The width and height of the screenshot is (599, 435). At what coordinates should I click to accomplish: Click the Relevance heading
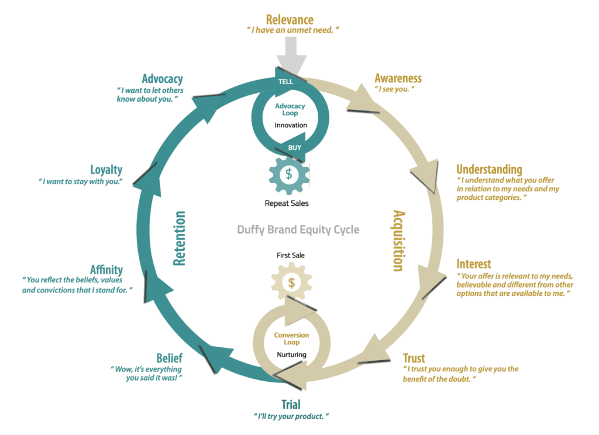(290, 19)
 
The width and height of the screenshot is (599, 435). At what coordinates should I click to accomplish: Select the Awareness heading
(398, 78)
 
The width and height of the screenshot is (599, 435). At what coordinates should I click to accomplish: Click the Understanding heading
(489, 169)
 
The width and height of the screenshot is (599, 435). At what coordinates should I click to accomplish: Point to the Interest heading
(474, 264)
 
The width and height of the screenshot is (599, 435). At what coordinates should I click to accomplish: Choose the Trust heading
(414, 358)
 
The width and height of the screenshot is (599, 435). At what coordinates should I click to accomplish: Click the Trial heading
(291, 405)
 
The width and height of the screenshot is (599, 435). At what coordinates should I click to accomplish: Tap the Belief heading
(169, 358)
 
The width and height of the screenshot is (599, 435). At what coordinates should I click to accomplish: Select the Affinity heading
(106, 270)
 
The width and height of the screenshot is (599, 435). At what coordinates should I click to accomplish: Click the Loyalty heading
(106, 170)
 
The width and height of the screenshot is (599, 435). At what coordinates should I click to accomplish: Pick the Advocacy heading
(163, 79)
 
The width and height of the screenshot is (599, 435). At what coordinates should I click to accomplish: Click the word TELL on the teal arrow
(285, 82)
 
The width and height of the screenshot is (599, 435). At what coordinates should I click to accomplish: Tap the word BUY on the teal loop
(295, 148)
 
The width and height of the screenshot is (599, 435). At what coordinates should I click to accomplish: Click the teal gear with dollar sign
(289, 175)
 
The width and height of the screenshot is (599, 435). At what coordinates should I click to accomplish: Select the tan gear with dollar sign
(291, 282)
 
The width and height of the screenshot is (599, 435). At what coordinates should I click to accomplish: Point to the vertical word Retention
(179, 239)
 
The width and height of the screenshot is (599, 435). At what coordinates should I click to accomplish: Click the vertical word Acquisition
(399, 241)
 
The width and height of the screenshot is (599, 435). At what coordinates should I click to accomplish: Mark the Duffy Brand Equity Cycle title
(298, 230)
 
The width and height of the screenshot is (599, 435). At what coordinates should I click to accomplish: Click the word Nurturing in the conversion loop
(291, 354)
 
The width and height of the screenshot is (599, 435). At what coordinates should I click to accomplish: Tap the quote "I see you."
(395, 89)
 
